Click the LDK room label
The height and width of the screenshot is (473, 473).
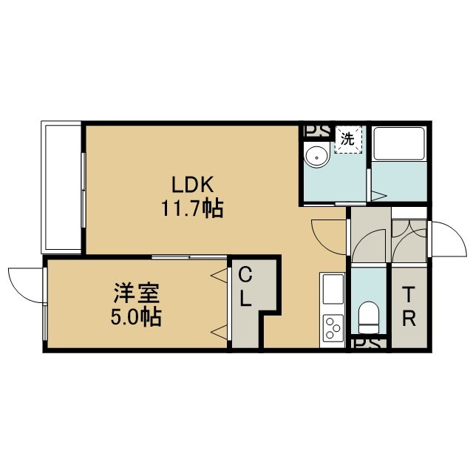tap(192, 185)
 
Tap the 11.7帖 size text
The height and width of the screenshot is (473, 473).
tap(192, 208)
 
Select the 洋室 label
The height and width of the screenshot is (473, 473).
tap(136, 293)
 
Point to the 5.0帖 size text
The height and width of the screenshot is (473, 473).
tap(136, 317)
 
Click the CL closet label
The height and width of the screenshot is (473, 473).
tap(245, 287)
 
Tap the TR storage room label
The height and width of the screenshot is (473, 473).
tap(409, 307)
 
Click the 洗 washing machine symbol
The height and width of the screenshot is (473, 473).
tap(348, 140)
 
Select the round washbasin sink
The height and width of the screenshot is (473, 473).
tap(317, 157)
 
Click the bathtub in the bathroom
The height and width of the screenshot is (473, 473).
tap(399, 143)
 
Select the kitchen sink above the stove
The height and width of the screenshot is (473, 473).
tap(333, 289)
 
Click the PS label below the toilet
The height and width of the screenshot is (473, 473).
tap(369, 344)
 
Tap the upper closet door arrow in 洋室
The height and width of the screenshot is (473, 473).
tap(219, 276)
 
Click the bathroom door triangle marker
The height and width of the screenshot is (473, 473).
tap(379, 195)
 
